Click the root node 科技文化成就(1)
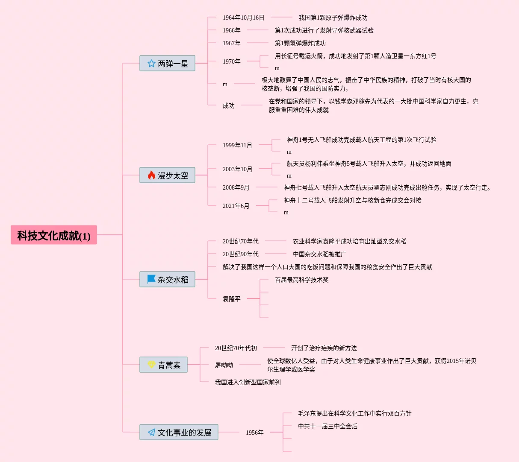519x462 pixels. (54, 235)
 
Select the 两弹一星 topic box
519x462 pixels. (168, 64)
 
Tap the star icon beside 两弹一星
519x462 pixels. (151, 64)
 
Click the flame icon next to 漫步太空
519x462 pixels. (151, 175)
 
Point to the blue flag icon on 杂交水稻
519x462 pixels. (151, 279)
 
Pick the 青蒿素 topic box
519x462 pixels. (164, 365)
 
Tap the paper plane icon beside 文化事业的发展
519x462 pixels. (151, 433)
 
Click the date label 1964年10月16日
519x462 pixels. (243, 18)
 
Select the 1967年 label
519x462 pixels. (231, 44)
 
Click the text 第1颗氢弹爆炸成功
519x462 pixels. (300, 44)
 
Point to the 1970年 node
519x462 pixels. (231, 62)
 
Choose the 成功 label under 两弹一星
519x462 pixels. (228, 106)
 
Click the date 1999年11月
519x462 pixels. (237, 146)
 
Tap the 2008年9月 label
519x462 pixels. (236, 188)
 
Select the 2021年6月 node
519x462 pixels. (236, 206)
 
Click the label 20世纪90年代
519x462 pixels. (240, 254)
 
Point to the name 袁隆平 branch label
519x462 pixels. (231, 299)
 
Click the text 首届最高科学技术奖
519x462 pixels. (301, 280)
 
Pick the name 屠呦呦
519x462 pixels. (224, 366)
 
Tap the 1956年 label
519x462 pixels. (254, 433)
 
